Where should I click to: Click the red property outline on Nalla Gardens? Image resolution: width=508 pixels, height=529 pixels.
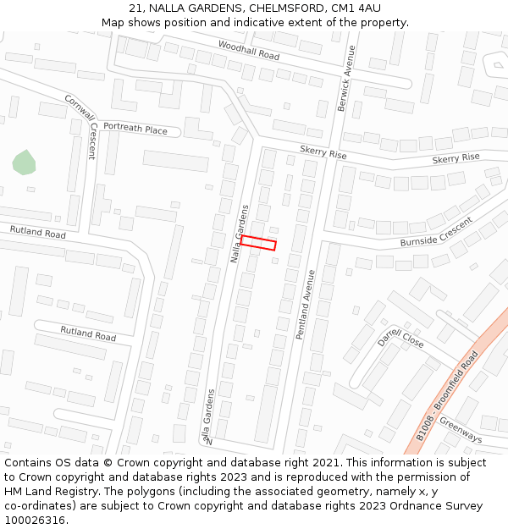coord(258,243)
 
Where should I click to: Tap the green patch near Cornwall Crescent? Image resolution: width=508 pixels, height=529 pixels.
coord(24,163)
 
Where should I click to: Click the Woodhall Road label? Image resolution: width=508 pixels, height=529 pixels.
coord(248,50)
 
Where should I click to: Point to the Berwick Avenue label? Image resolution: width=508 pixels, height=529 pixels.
coord(345,78)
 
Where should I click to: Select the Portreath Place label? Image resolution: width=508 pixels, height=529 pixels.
coord(135,129)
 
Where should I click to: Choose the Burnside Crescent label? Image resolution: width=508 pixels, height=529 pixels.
coord(436,232)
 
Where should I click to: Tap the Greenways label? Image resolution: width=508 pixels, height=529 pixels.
coord(461,431)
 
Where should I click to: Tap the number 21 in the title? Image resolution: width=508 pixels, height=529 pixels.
coord(135,8)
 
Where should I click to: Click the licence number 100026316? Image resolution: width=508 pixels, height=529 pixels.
coord(36,520)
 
